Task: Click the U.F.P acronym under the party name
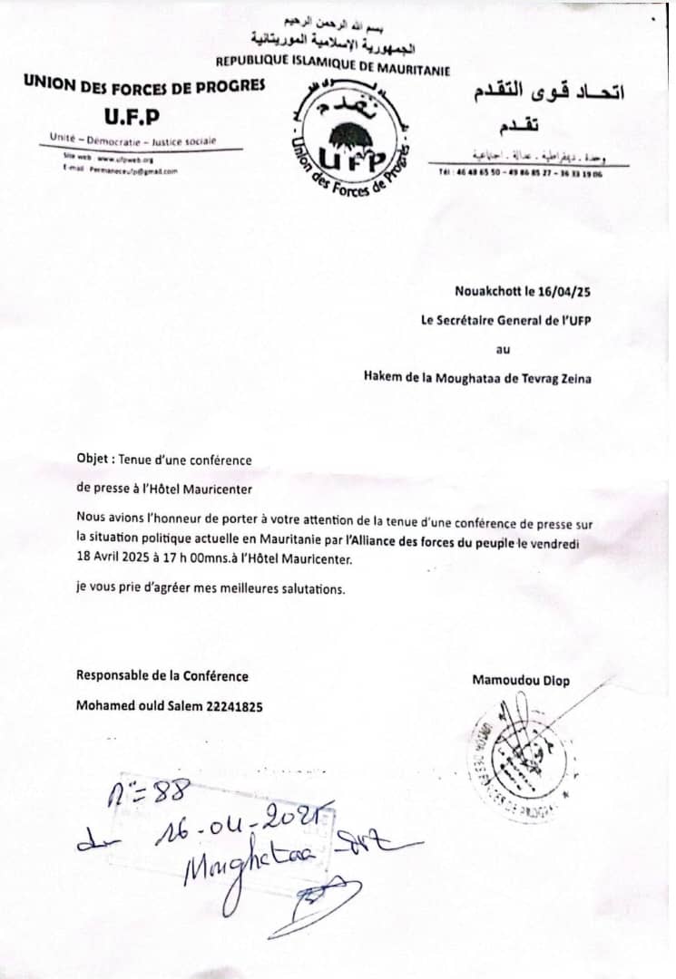pos(132,115)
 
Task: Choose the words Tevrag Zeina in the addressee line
pos(554,379)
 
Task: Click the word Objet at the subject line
pos(93,460)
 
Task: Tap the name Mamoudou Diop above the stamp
pos(521,681)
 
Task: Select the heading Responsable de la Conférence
pos(162,676)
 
